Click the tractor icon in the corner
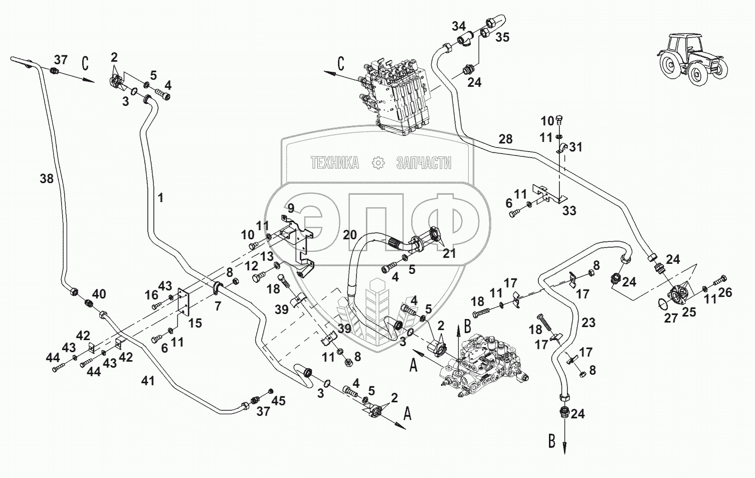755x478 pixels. click(x=691, y=59)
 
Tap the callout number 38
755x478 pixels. click(x=47, y=178)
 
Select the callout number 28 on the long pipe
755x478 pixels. click(x=505, y=139)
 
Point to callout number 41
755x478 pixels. click(x=147, y=381)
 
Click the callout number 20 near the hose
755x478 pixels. click(x=350, y=234)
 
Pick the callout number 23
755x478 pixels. click(x=588, y=322)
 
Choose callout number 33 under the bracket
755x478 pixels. click(x=569, y=211)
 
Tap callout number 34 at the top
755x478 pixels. click(x=458, y=26)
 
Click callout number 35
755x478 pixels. click(x=502, y=37)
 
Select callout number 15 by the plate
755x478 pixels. click(x=195, y=324)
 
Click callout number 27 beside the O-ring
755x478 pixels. click(x=671, y=318)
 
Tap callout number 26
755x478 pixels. click(x=725, y=292)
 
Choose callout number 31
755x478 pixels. click(x=576, y=147)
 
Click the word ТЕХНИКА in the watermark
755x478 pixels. click(x=334, y=163)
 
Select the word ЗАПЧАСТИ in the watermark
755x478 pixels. click(x=423, y=163)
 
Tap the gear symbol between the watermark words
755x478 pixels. click(x=377, y=163)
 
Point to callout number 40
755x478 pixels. click(x=99, y=293)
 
